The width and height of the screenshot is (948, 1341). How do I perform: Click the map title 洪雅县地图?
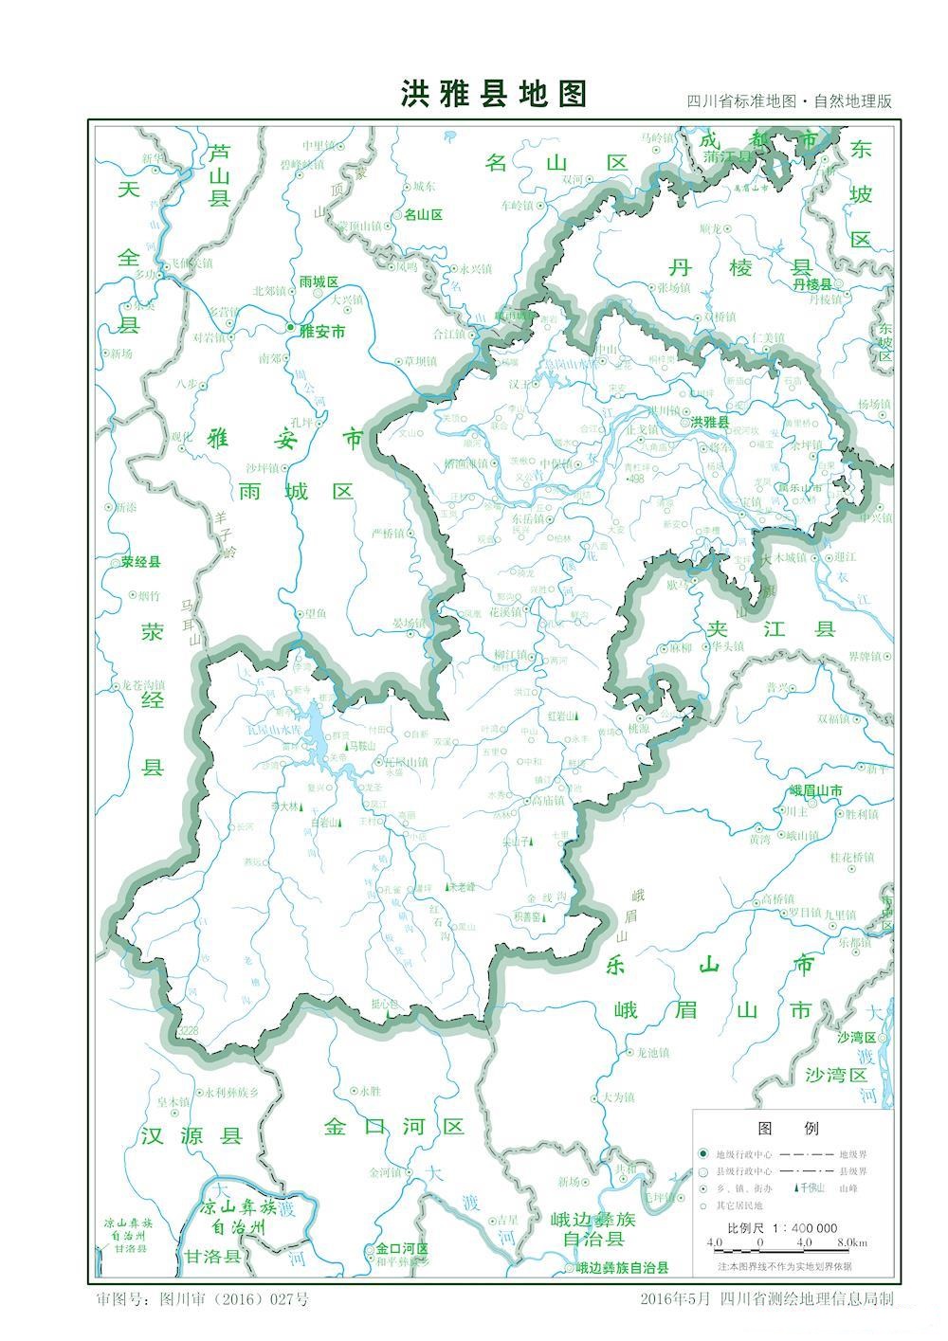click(x=494, y=94)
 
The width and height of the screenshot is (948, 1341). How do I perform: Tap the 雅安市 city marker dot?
click(x=291, y=327)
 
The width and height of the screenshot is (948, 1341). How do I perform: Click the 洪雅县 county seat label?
click(x=710, y=422)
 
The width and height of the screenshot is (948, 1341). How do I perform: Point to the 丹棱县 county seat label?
click(x=812, y=284)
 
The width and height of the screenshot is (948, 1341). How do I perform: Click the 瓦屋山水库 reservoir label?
click(x=272, y=731)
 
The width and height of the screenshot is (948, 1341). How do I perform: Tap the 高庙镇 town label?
click(x=548, y=801)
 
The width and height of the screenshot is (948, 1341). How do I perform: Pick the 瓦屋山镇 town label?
click(x=405, y=762)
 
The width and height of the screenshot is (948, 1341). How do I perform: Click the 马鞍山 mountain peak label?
click(x=362, y=747)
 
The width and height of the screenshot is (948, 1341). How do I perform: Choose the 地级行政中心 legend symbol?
click(x=702, y=1154)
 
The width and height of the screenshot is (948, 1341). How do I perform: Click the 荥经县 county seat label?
click(x=141, y=562)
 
